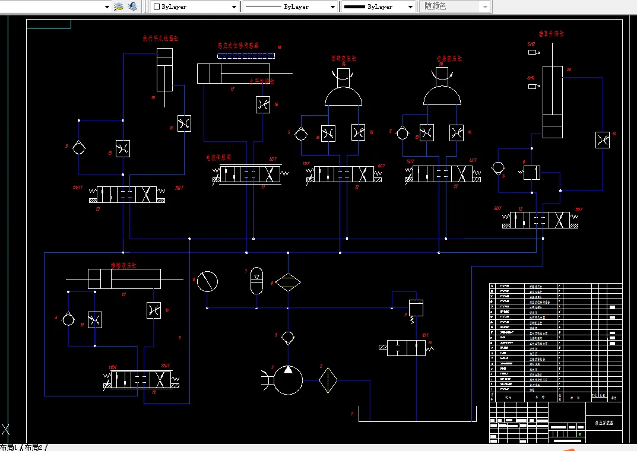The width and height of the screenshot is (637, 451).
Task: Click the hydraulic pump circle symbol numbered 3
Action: click(288, 380)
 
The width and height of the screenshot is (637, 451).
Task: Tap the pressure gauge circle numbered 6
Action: click(207, 281)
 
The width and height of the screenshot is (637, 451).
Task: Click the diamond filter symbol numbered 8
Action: click(288, 282)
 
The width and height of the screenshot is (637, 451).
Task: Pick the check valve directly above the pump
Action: click(288, 338)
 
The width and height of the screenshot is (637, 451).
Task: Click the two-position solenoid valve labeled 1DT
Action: click(406, 348)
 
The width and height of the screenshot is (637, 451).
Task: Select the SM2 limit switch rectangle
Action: click(532, 52)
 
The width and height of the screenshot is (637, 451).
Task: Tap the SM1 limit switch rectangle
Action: click(532, 87)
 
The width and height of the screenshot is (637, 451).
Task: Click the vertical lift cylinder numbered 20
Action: click(553, 102)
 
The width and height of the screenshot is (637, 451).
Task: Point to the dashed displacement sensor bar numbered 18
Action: click(246, 56)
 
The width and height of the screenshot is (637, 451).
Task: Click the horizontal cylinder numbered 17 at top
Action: click(217, 74)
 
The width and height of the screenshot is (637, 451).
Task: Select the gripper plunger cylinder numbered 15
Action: click(165, 70)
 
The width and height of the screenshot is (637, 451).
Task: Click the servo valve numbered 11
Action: click(250, 174)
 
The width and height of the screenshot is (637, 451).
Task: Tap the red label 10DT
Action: click(77, 188)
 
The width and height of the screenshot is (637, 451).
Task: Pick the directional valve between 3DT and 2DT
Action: click(540, 220)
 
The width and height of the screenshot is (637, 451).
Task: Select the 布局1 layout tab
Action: click(9, 447)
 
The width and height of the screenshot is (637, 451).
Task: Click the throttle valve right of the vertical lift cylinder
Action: click(603, 140)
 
